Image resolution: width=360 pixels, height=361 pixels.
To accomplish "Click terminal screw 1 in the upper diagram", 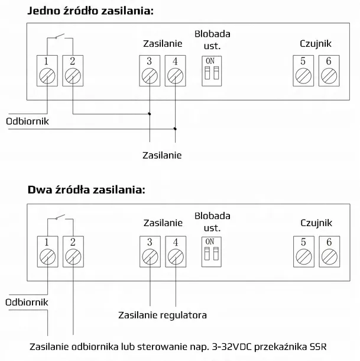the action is [47, 76].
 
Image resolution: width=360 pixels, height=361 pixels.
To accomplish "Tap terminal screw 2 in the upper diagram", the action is [73, 76].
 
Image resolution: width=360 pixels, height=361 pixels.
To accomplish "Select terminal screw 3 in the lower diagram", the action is [150, 257].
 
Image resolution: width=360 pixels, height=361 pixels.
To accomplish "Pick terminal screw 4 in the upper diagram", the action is [176, 76].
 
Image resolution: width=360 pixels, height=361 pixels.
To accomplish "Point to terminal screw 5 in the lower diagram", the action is [304, 257].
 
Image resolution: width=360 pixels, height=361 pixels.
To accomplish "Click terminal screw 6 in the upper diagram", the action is [329, 76].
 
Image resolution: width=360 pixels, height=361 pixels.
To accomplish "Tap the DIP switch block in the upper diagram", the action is [212, 71].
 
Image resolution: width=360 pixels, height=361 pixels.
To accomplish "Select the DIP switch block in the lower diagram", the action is [212, 252].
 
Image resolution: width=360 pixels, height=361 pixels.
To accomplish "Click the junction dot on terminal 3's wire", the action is [150, 114].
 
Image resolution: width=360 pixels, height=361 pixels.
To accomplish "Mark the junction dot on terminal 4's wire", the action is [175, 129].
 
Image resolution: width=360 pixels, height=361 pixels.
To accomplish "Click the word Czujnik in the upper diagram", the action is [316, 44].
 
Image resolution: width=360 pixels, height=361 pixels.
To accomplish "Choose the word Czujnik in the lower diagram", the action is [316, 223].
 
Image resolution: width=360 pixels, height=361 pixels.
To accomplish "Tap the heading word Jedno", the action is [44, 11].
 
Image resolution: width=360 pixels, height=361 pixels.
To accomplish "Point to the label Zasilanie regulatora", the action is [163, 315].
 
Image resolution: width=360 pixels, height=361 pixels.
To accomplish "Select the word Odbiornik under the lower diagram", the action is [27, 302].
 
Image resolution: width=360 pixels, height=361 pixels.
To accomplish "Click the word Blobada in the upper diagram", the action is [212, 34].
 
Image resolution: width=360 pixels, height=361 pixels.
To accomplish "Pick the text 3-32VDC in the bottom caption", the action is [232, 346].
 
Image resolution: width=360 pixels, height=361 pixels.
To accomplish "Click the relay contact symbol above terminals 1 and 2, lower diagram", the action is [60, 217].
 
